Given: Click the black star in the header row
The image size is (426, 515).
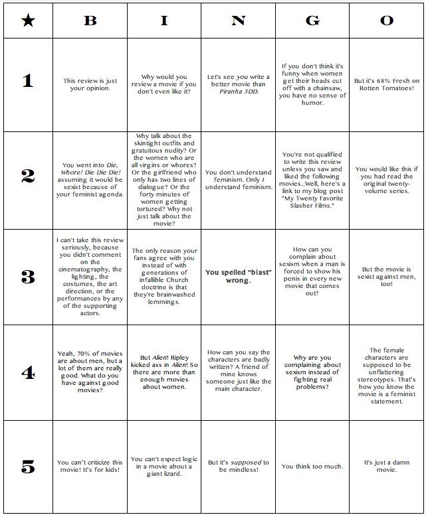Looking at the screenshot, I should [x=27, y=21].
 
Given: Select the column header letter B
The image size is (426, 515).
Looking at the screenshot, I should [x=90, y=21].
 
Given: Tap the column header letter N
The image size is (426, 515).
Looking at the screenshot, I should [x=238, y=21].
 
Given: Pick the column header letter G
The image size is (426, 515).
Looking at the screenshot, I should [x=312, y=21].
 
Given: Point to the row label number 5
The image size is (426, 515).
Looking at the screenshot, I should [x=27, y=467].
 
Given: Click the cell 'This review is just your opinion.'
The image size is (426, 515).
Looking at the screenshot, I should [x=90, y=84].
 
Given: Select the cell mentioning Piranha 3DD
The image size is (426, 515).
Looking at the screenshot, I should [x=238, y=84].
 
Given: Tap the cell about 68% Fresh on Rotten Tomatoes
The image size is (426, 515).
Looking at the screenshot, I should [x=387, y=84].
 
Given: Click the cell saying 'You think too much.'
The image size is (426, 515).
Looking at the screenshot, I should [x=312, y=467].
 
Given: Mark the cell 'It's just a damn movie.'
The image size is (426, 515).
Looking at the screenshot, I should [x=387, y=467].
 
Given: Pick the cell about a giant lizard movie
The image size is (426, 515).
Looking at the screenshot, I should [x=164, y=467].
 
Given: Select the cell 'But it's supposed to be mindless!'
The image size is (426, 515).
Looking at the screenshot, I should [x=238, y=467].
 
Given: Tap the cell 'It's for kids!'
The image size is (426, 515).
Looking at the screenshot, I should [x=90, y=467].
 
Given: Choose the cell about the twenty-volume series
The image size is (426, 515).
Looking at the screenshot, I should [x=387, y=181].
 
